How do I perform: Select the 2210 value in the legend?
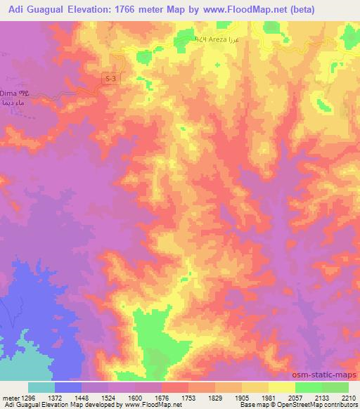tap(348, 397)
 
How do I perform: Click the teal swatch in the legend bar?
tap(41, 387)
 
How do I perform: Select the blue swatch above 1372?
tap(68, 387)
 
